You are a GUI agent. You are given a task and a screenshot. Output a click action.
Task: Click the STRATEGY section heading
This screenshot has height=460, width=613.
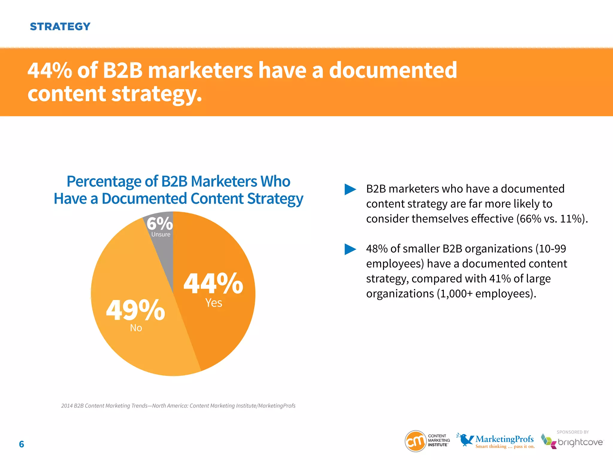point(60,27)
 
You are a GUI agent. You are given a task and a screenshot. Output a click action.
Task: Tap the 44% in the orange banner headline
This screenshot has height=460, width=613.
point(50,70)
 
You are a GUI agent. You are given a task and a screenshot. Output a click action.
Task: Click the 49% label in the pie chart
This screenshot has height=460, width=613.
point(135,310)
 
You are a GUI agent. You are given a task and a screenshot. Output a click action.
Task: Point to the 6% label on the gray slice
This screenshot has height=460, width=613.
point(160,223)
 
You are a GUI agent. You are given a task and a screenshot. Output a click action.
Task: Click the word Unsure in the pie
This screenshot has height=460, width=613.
point(161,234)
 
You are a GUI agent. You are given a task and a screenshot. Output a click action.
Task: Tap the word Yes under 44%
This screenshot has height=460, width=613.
point(214,303)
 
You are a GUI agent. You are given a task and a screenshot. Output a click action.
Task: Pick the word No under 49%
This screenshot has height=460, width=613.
point(136,328)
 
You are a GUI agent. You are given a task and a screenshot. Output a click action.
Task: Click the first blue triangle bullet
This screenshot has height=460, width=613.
point(350,189)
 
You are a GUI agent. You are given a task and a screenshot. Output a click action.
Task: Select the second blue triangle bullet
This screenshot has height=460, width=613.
point(350,249)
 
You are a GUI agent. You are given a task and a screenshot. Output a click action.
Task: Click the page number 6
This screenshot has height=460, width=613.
point(22,444)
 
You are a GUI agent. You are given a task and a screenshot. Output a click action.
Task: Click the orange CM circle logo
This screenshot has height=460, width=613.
point(415,441)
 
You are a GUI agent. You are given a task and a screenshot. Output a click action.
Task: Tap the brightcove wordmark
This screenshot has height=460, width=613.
point(580,442)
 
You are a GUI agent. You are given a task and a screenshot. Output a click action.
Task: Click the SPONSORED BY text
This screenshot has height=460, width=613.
point(573,432)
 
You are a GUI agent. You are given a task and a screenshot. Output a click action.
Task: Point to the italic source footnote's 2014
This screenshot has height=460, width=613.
point(67,406)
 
